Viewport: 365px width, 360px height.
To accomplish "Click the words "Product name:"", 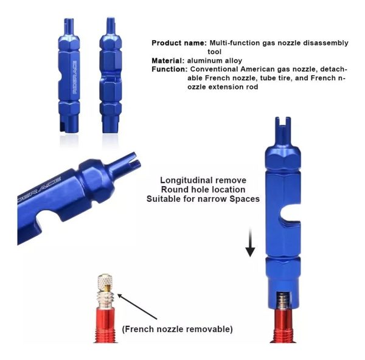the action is tap(179, 43).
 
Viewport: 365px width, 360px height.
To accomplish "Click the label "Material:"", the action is tap(168, 61).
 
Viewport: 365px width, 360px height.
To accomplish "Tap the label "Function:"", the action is tap(170, 69).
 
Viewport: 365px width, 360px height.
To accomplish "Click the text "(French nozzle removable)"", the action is tap(178, 329).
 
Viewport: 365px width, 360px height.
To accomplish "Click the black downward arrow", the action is tap(250, 243).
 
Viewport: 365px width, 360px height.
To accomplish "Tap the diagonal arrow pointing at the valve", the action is tap(137, 306).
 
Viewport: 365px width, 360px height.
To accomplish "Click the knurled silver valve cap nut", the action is tap(105, 282).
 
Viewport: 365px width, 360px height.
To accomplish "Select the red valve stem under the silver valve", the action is tap(105, 324).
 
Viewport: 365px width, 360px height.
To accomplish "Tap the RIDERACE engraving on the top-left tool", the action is tap(75, 77).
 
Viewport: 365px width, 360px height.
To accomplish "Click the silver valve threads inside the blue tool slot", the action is tap(283, 300).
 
